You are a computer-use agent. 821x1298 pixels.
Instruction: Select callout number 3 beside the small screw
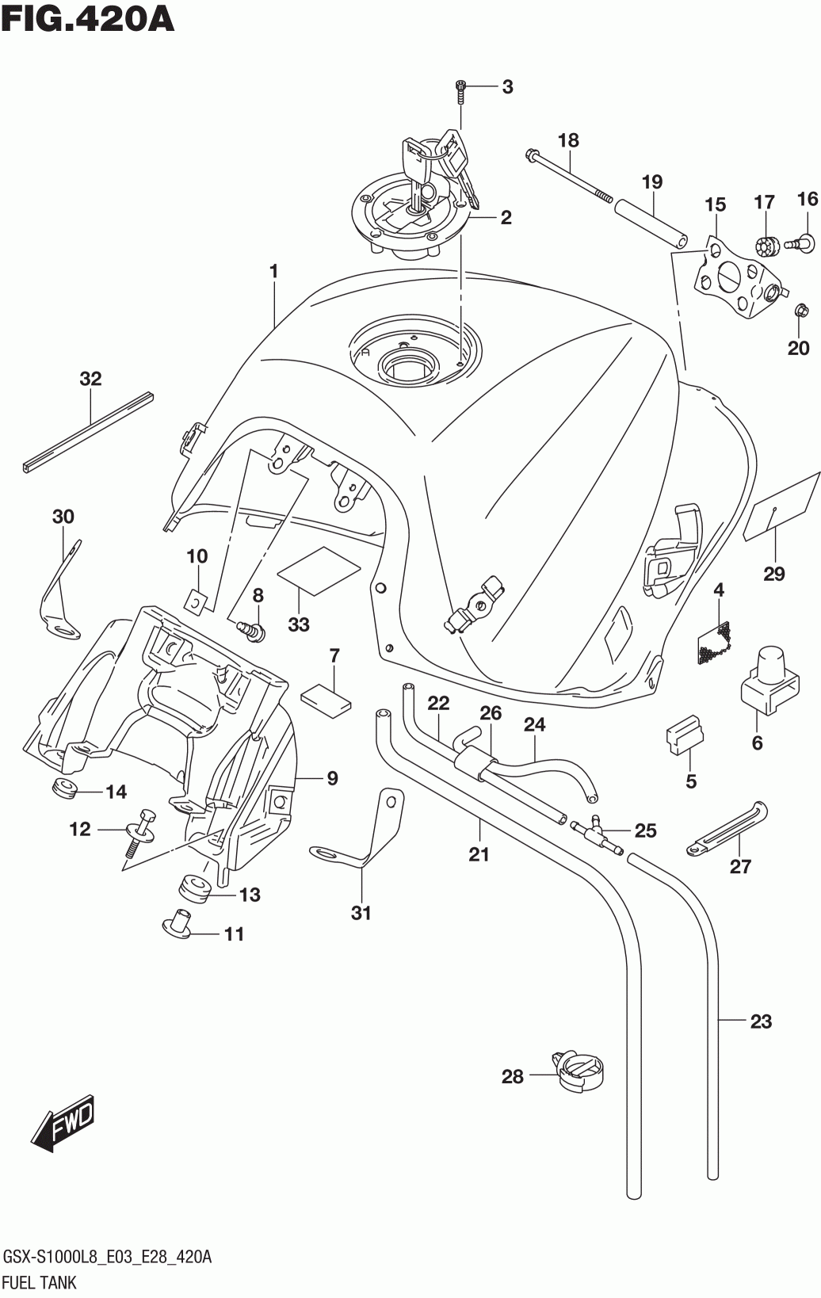507,87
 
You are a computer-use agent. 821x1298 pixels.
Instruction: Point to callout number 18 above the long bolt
568,140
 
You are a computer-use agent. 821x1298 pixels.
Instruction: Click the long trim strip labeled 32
88,430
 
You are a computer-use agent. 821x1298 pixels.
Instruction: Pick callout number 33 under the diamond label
299,624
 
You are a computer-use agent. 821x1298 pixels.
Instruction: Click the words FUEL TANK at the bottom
40,1282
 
